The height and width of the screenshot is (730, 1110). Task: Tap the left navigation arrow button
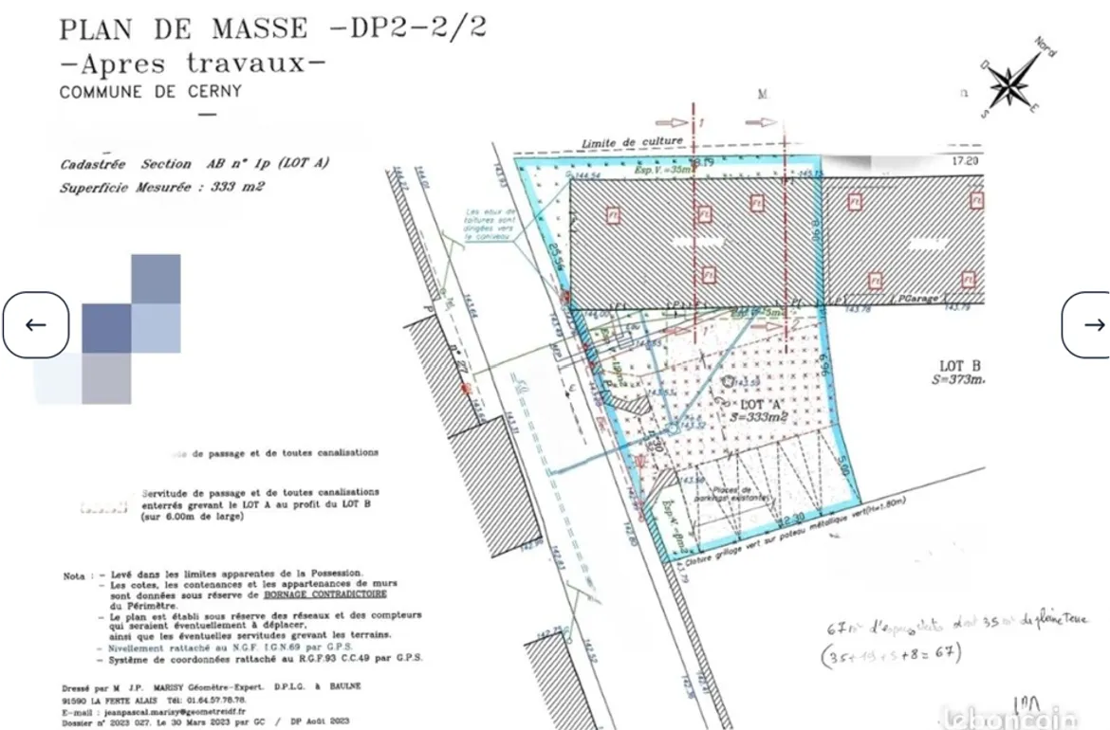35,325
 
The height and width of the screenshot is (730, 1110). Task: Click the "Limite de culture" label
632,142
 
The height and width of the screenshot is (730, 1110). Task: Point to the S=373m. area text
957,380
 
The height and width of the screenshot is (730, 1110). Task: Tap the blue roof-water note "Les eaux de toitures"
490,222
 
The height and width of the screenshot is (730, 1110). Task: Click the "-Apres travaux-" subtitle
192,64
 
